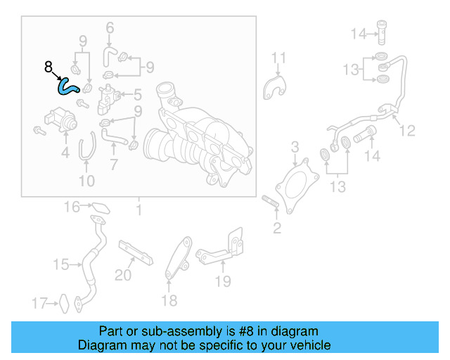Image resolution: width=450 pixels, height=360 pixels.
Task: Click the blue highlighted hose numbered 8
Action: click(x=67, y=86)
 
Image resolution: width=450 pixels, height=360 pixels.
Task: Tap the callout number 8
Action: click(x=48, y=67)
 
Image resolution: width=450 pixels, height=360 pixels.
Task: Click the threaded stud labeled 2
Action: click(x=271, y=205)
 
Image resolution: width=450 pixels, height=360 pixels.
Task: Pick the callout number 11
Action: click(x=279, y=58)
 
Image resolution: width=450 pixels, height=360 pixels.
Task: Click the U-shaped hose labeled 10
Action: click(x=86, y=150)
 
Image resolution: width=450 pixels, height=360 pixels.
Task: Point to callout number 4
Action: click(x=65, y=152)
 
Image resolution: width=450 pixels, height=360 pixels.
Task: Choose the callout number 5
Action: click(x=138, y=94)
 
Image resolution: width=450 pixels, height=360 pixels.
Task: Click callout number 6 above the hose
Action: click(x=110, y=28)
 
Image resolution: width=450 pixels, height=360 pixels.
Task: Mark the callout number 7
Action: click(x=114, y=166)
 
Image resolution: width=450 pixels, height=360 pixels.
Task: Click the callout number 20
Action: click(x=123, y=276)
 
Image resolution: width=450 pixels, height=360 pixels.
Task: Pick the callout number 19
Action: click(x=223, y=282)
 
